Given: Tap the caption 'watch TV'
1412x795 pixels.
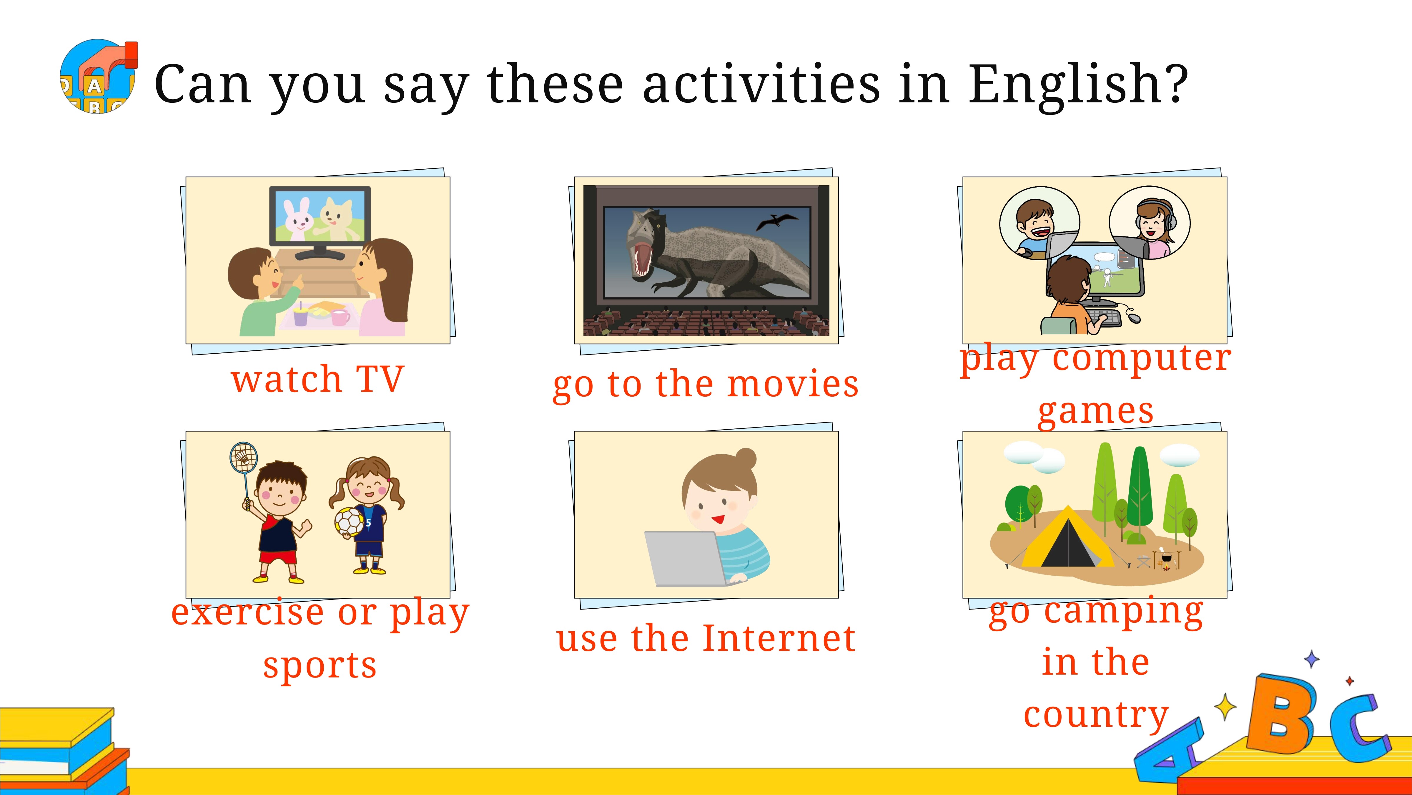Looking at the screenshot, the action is (318, 379).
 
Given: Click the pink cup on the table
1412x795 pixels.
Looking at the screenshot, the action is (340, 317).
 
